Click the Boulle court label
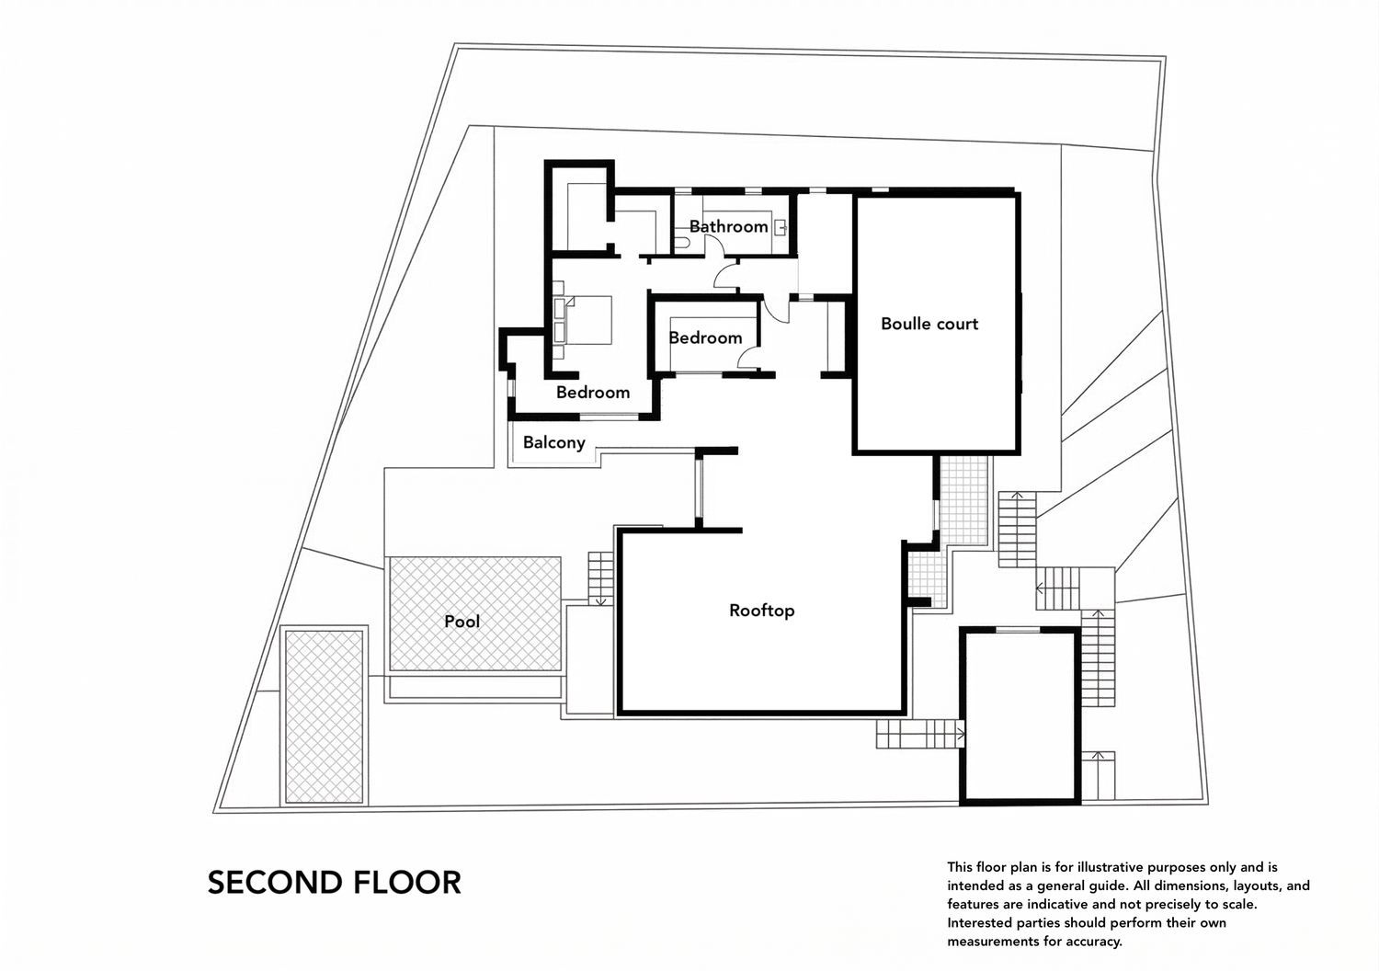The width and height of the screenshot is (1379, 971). tap(929, 324)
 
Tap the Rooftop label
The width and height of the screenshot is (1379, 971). tap(761, 610)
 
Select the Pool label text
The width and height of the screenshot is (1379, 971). tap(462, 622)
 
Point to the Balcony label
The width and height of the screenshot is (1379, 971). tap(553, 442)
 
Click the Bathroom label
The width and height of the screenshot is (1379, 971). tap(728, 226)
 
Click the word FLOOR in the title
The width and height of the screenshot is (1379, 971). tap(406, 883)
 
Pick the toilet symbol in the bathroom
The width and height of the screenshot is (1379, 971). tap(680, 243)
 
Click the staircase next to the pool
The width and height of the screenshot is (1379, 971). tap(600, 577)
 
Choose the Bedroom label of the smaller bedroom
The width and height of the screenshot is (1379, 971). tap(705, 337)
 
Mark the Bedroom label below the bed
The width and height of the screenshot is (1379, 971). tap(593, 393)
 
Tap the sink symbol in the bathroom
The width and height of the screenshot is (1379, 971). tap(781, 226)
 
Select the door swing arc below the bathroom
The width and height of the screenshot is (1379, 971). tap(726, 274)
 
